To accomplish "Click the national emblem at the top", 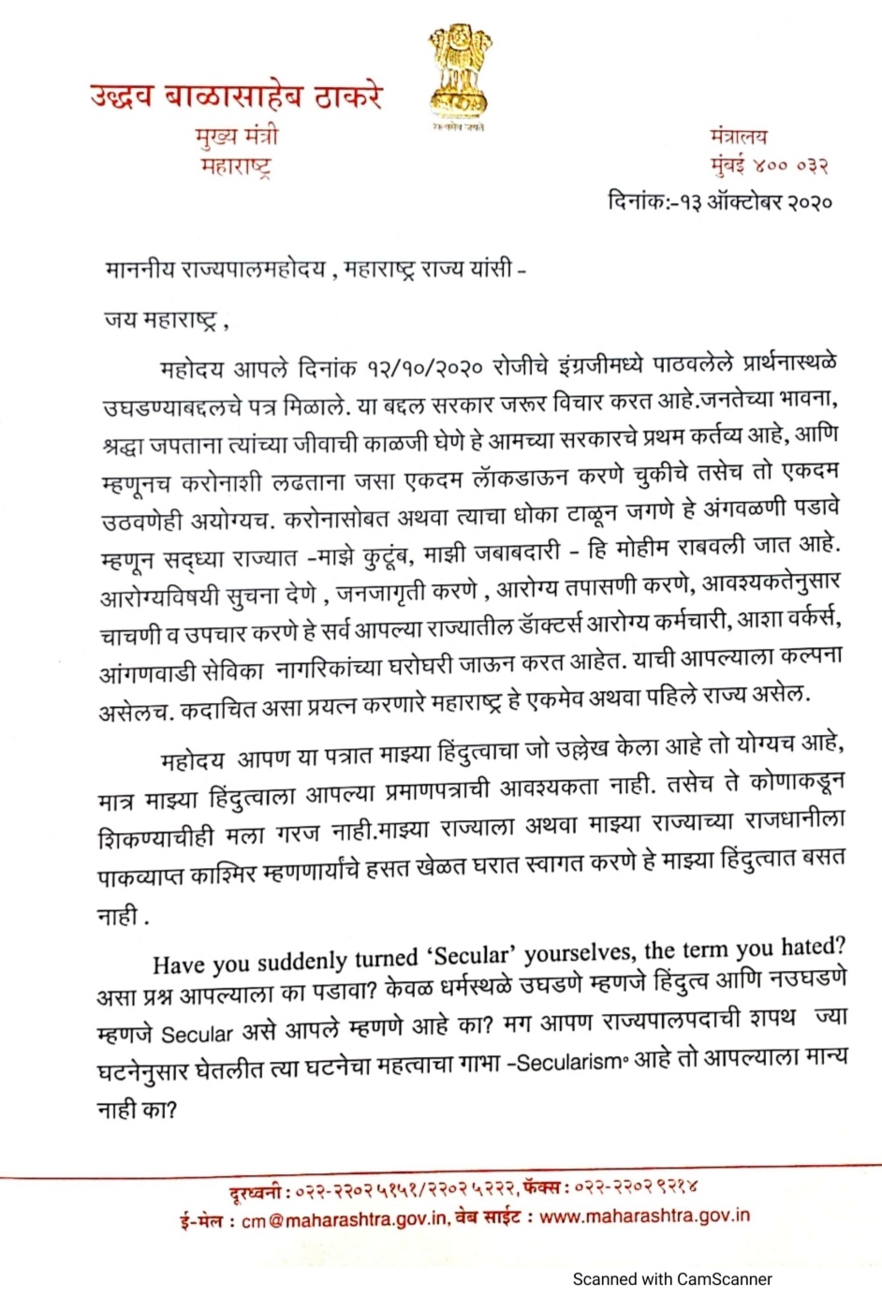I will click(459, 75).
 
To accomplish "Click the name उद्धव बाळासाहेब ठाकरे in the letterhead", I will click(237, 96).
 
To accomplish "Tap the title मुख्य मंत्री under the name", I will click(237, 137).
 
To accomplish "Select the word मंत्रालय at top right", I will click(739, 136).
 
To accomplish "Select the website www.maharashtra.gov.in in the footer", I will click(645, 1215).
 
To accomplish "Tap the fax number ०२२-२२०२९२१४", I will click(636, 1187).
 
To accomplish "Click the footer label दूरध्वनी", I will click(255, 1193).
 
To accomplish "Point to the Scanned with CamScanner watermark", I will click(671, 1278).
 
